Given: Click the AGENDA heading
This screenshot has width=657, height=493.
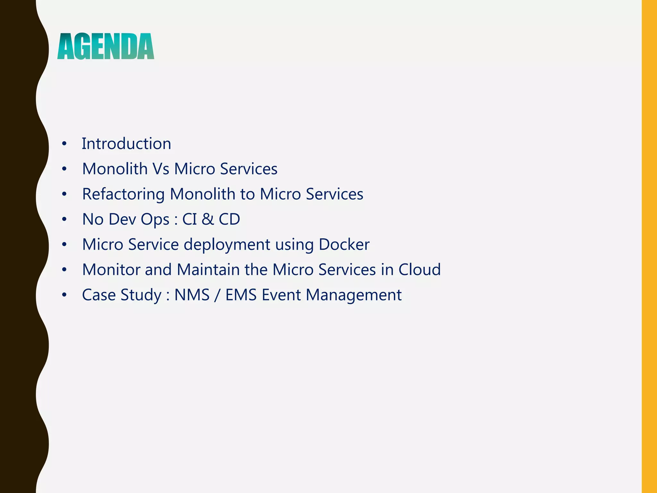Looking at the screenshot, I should point(106,47).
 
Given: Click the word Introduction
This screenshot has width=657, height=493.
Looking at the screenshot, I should point(126,143).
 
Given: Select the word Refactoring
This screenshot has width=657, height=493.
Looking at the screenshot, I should point(123,194).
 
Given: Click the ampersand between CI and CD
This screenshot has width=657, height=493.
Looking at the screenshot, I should point(208,219).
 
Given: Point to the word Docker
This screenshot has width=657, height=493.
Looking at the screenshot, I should point(344,244).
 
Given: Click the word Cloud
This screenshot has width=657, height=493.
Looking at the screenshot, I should point(419,270).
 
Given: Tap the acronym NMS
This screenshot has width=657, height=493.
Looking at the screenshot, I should point(192,295).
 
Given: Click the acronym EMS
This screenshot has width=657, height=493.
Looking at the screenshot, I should point(241,295).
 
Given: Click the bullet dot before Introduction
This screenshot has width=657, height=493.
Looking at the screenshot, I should point(64,144).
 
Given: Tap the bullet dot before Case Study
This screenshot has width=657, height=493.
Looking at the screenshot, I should point(64,295).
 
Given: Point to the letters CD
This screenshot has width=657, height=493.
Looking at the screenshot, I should point(229,219).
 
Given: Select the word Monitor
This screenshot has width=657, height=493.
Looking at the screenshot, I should point(111,270).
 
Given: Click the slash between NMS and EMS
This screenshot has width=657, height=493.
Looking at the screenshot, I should point(218,295).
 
